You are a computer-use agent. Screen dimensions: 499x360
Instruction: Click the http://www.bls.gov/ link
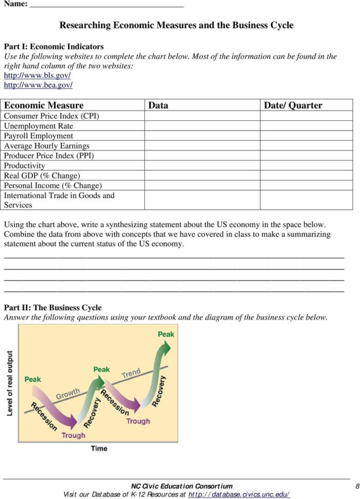(x=38, y=75)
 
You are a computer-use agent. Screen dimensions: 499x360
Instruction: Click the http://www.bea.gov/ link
(x=38, y=84)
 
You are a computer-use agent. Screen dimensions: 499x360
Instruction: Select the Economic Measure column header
(x=44, y=105)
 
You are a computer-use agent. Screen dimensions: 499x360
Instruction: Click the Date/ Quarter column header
(x=293, y=105)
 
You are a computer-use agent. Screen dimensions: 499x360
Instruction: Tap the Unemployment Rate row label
(x=39, y=126)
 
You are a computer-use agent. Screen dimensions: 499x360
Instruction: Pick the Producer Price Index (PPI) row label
(x=49, y=155)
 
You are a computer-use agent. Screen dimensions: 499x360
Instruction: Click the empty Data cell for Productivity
(x=202, y=166)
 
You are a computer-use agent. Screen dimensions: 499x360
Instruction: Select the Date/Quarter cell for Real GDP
(x=306, y=175)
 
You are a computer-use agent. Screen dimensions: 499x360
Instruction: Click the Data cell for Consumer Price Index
(x=202, y=116)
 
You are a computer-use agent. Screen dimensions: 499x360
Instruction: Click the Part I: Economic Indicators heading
(x=53, y=46)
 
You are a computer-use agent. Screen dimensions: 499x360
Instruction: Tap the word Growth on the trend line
(x=68, y=394)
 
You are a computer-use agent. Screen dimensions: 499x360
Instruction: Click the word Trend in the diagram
(x=131, y=373)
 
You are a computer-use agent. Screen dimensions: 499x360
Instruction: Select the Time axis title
(x=99, y=449)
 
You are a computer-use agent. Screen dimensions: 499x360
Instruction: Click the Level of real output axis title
(x=10, y=383)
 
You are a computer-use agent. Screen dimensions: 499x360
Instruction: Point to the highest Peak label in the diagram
(x=166, y=334)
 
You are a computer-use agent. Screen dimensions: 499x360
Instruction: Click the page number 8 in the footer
(x=356, y=486)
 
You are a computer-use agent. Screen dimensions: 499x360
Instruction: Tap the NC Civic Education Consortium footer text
(x=182, y=486)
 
